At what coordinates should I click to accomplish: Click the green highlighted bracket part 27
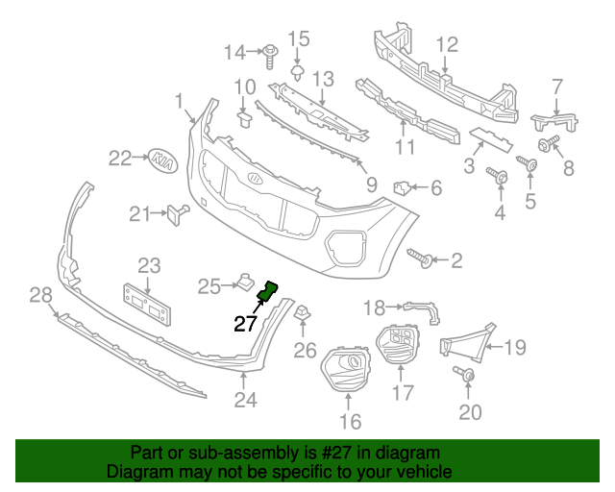[x=268, y=289]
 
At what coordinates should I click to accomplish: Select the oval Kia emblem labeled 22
[x=165, y=160]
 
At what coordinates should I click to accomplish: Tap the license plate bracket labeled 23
[x=146, y=306]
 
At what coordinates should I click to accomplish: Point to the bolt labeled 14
[x=269, y=51]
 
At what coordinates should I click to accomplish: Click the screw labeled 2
[x=422, y=258]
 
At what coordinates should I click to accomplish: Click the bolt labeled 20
[x=468, y=376]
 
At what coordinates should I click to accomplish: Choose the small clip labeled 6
[x=404, y=186]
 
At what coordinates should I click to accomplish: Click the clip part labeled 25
[x=242, y=283]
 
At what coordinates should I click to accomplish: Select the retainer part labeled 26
[x=302, y=313]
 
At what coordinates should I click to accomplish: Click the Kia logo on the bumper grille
[x=255, y=180]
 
